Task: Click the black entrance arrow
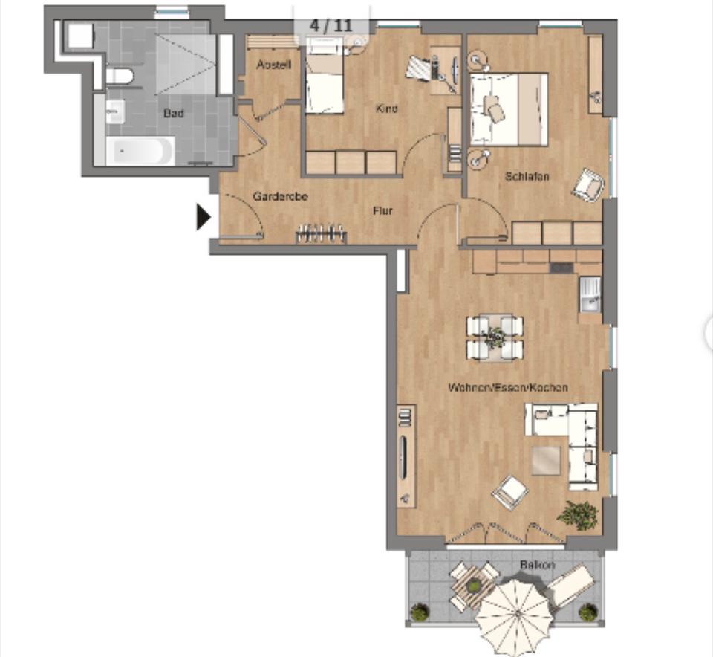click(x=203, y=217)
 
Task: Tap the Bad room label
click(x=174, y=114)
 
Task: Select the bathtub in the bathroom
click(x=140, y=151)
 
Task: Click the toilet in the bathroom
click(x=119, y=76)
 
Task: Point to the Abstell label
click(x=274, y=65)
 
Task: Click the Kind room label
click(x=387, y=109)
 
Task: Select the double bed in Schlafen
click(x=509, y=109)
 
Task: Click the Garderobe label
click(x=280, y=197)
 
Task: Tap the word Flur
click(x=382, y=211)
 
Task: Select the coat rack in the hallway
click(x=321, y=234)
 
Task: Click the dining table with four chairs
click(x=495, y=337)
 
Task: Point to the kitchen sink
click(x=590, y=294)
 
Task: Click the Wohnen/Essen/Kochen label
click(x=508, y=388)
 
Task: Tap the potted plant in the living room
click(x=579, y=514)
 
